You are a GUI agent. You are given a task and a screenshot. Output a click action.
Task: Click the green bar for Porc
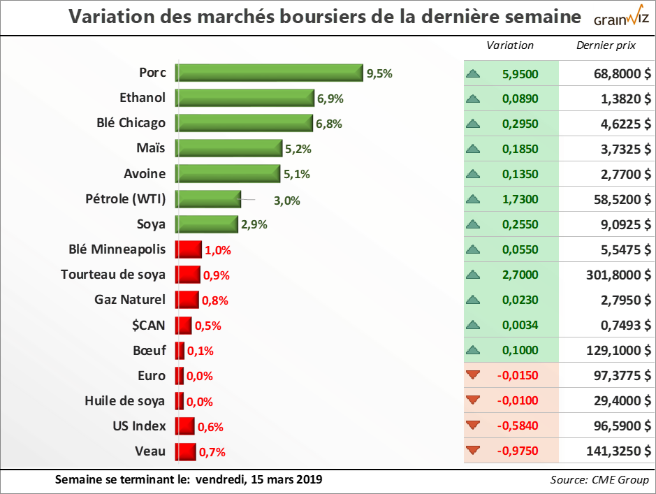tap(269, 73)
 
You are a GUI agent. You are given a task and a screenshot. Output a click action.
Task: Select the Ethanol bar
tap(245, 98)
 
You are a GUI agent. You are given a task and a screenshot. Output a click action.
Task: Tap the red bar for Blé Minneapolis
tap(188, 249)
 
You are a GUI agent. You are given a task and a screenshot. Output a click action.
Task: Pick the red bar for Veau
tap(185, 451)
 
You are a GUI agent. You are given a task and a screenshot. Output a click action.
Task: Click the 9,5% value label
tap(380, 73)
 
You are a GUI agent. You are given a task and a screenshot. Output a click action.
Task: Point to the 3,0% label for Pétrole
tap(286, 200)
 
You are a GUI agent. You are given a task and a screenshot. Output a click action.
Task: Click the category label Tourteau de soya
tap(113, 275)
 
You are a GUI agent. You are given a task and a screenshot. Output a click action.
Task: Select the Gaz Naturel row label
tap(130, 300)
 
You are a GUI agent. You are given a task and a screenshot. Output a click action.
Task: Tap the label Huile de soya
tap(125, 401)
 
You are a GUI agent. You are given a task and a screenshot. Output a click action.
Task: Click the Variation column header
tap(510, 45)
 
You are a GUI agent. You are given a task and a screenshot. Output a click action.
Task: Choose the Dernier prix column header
tap(606, 45)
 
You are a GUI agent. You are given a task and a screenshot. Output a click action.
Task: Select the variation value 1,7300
tap(520, 200)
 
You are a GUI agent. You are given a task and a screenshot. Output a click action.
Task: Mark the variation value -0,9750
tap(518, 451)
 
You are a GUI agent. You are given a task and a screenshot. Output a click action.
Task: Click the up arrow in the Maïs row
tap(473, 149)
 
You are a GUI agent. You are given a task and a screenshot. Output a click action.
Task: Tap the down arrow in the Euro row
tap(473, 376)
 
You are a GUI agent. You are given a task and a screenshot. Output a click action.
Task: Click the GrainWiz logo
tap(621, 19)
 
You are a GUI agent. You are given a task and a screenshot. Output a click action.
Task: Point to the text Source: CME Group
tap(599, 480)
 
